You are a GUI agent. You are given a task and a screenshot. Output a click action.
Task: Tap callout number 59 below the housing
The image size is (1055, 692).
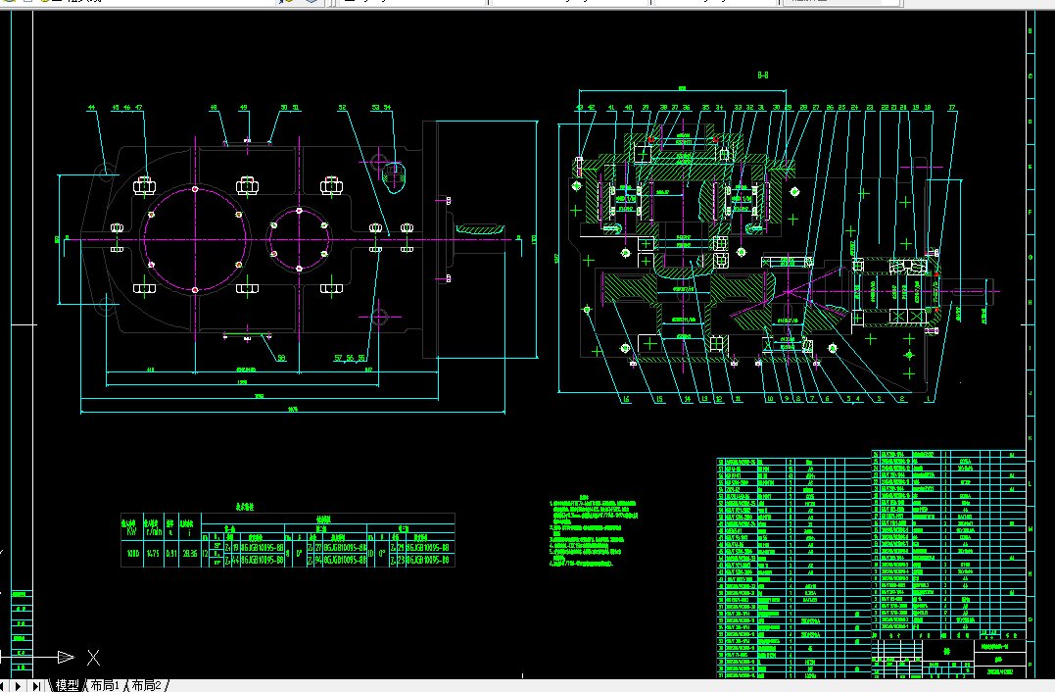280,358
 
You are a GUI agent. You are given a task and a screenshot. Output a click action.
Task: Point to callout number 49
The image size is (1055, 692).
244,107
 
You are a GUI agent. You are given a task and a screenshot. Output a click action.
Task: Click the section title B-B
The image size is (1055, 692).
762,74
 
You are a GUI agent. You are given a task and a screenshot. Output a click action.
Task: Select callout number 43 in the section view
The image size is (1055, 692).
579,107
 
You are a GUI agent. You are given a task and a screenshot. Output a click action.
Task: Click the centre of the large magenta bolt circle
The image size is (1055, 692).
196,239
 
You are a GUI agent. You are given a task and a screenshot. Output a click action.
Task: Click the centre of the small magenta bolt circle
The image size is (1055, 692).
298,239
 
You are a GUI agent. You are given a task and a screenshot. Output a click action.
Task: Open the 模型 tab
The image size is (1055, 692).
67,685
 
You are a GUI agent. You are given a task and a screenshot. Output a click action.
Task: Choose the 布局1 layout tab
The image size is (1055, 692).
105,685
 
